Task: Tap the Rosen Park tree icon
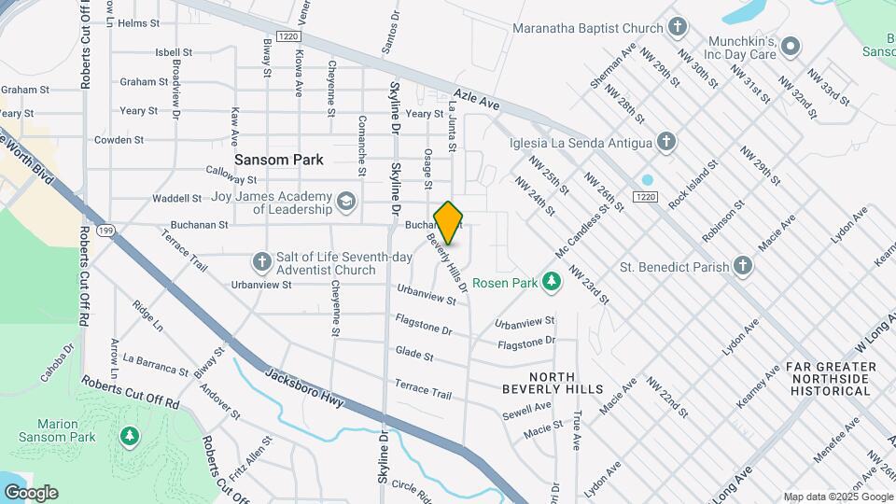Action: click(553, 281)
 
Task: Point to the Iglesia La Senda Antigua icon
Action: click(665, 142)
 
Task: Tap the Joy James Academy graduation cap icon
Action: click(346, 201)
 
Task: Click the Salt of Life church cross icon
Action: click(261, 260)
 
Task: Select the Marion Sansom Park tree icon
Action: click(130, 435)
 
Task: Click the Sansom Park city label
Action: click(279, 160)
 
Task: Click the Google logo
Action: click(31, 492)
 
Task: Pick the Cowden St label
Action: click(119, 140)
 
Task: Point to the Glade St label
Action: click(414, 356)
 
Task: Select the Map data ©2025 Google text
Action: click(836, 497)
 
